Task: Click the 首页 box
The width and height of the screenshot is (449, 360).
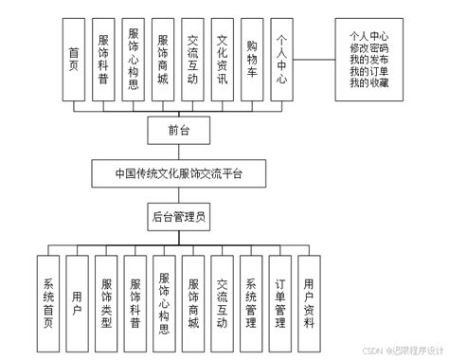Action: (x=74, y=59)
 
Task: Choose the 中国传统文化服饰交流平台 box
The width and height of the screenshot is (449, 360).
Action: (x=178, y=174)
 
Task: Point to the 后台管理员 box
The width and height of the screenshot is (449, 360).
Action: (x=178, y=217)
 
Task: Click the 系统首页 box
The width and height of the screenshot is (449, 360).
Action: (x=49, y=302)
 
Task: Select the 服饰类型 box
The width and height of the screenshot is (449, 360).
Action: (x=107, y=302)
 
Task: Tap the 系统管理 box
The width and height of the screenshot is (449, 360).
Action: (x=251, y=302)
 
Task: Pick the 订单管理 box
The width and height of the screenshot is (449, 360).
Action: (x=279, y=302)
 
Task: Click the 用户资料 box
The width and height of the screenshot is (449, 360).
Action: (x=309, y=302)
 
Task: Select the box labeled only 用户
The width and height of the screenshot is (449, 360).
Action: (x=78, y=302)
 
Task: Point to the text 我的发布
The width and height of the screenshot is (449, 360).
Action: (x=370, y=61)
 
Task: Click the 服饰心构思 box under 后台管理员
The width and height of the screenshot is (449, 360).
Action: (x=165, y=302)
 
